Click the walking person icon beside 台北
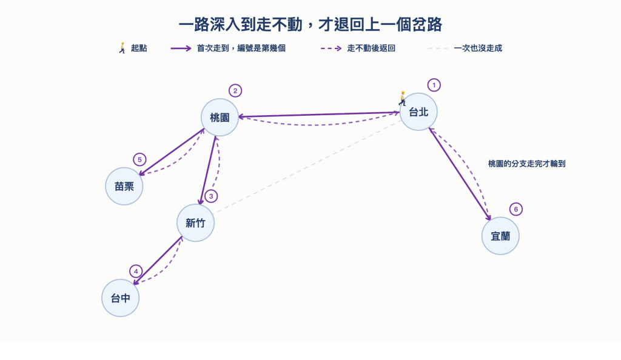[403, 99]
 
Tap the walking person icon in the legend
[123, 48]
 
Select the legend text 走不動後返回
[371, 48]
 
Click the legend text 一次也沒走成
[478, 48]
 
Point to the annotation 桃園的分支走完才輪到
[527, 164]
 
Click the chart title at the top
[310, 24]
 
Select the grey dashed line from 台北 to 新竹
[307, 168]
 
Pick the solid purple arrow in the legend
[181, 48]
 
